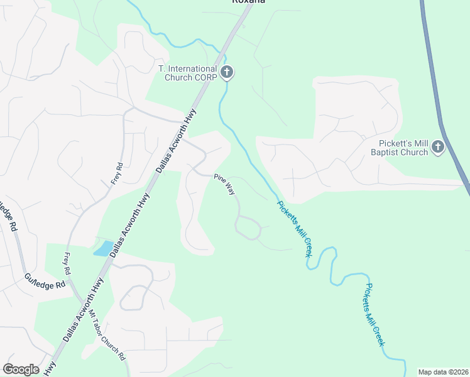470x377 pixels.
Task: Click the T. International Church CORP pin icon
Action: [x=227, y=73]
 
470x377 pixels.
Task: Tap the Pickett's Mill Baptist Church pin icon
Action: [x=439, y=148]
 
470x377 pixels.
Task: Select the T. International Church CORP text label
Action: [x=187, y=73]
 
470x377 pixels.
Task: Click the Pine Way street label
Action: [x=224, y=185]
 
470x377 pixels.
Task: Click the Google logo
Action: [x=21, y=369]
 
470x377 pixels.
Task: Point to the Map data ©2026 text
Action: [x=444, y=372]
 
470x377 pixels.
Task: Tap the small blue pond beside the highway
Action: [x=104, y=248]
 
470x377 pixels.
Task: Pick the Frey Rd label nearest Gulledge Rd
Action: [x=67, y=265]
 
